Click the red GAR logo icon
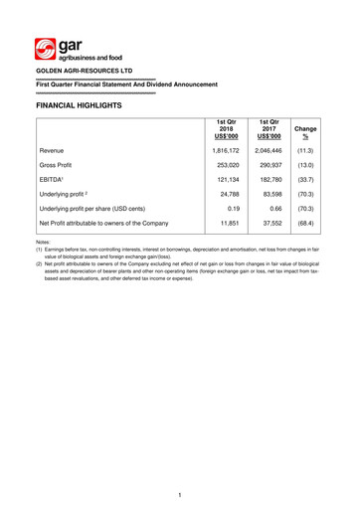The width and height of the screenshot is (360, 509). (x=46, y=49)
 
